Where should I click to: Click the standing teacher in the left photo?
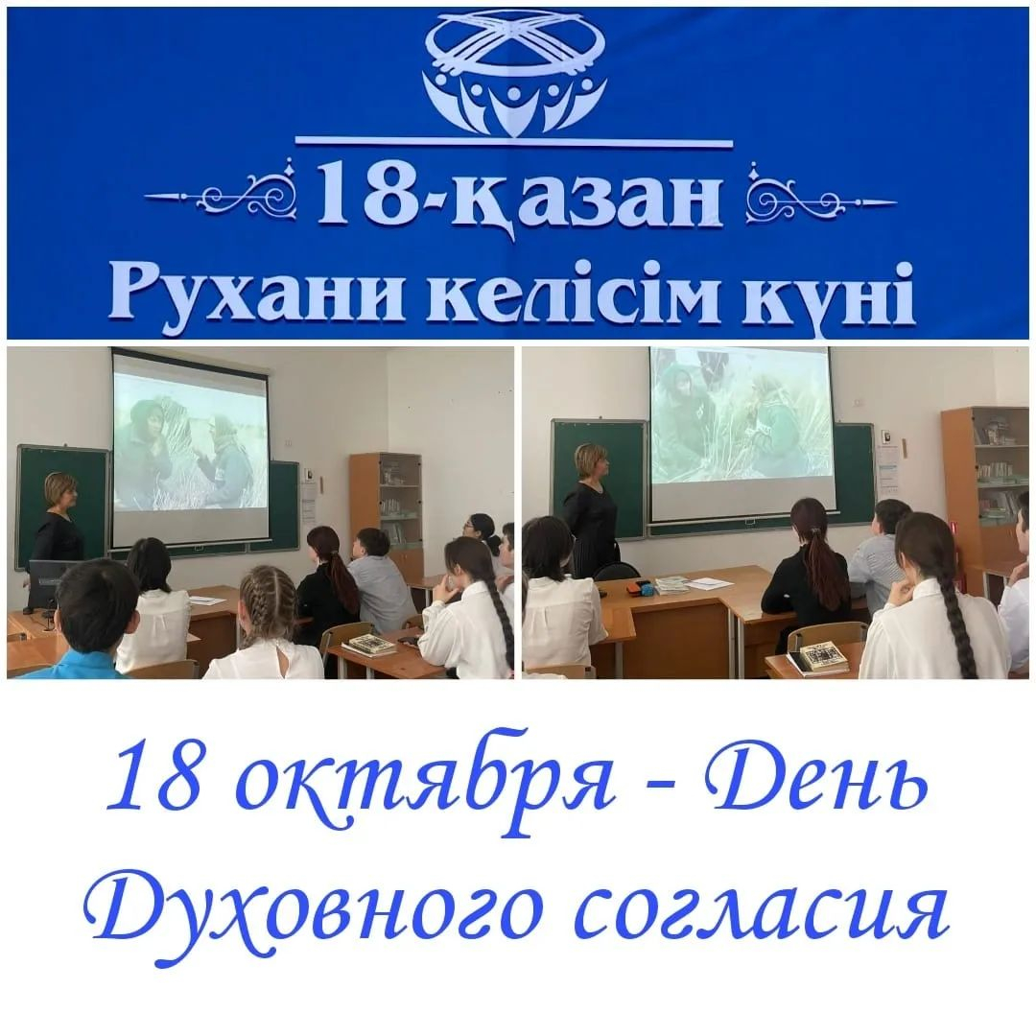[x=57, y=518]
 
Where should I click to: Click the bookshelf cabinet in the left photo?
[x=385, y=508]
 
